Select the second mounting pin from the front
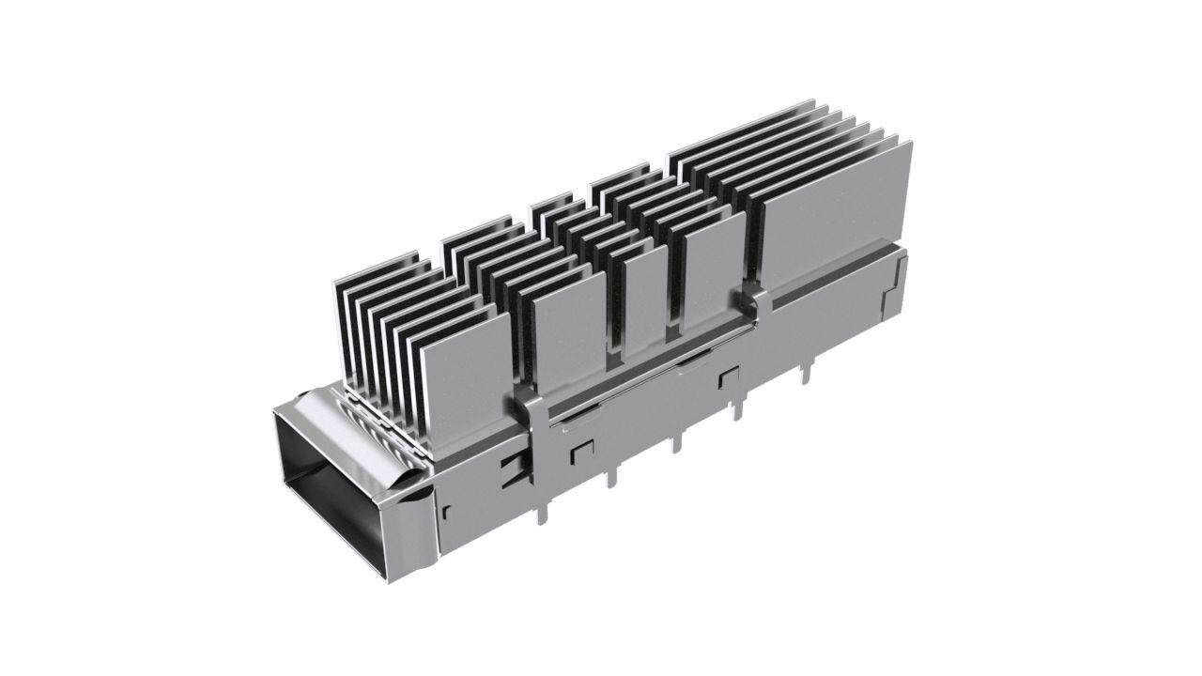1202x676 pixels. click(611, 475)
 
